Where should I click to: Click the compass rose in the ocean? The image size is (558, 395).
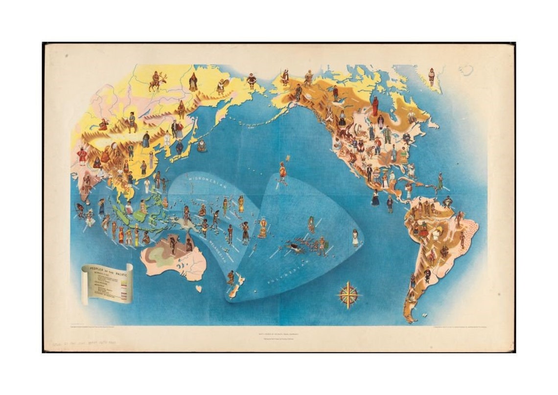[349, 295]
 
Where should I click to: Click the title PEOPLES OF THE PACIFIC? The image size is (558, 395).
[107, 272]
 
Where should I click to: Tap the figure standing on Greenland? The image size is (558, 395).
[431, 76]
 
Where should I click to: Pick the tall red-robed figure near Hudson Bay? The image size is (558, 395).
[375, 106]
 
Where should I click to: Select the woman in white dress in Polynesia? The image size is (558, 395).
[355, 238]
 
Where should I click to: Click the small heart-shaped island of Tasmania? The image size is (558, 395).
[199, 288]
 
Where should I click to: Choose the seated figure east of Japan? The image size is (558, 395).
[201, 145]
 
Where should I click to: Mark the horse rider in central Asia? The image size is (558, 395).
[131, 123]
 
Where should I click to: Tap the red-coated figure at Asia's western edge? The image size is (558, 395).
[82, 156]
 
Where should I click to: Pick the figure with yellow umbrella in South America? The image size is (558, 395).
[436, 230]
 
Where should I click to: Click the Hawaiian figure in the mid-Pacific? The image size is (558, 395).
[282, 173]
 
